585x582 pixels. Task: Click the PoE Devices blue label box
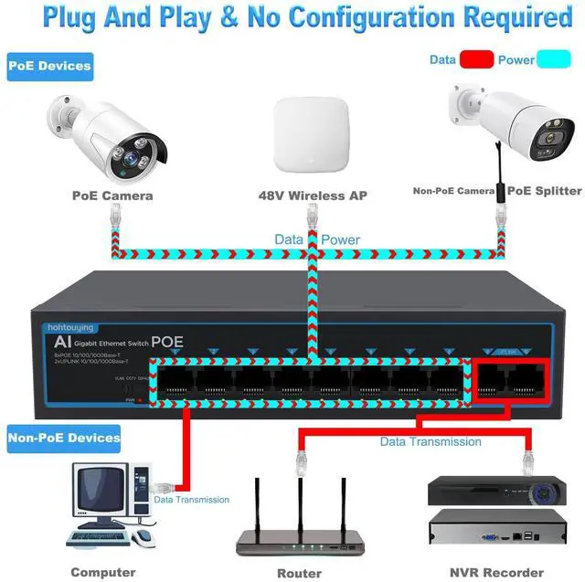coord(51,66)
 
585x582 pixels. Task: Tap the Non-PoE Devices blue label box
coord(65,438)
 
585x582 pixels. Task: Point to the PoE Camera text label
coord(112,195)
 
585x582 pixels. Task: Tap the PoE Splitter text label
coord(545,191)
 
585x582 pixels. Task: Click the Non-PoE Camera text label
coord(453,192)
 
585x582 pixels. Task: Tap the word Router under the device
coord(298,573)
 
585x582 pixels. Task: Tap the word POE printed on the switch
coord(167,341)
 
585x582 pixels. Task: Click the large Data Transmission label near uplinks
coord(431,441)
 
